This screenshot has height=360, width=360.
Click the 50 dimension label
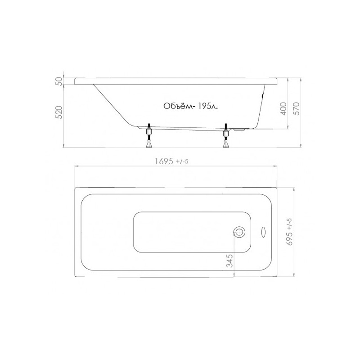[59, 81]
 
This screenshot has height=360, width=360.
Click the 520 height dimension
[59, 112]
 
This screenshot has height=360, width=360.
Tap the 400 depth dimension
[284, 109]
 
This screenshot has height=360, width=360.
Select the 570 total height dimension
[297, 109]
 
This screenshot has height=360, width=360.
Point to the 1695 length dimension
[164, 162]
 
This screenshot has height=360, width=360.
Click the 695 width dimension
[290, 238]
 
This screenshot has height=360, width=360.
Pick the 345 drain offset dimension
[229, 261]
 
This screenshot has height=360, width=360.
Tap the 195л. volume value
[206, 106]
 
